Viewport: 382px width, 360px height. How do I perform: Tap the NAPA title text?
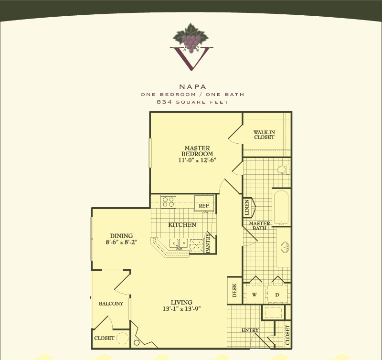[x=193, y=87]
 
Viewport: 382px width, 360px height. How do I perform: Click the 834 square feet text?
[x=192, y=102]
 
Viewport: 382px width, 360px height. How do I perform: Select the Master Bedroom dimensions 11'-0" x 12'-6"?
[x=197, y=160]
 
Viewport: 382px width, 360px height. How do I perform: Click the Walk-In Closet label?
[x=264, y=135]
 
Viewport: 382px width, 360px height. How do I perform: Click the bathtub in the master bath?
[x=281, y=207]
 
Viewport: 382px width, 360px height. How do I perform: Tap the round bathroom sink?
[x=285, y=247]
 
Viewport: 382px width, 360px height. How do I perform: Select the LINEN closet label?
[x=246, y=207]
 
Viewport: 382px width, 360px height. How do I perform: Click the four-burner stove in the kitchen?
[x=169, y=202]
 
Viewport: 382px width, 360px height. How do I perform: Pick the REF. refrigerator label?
[x=204, y=206]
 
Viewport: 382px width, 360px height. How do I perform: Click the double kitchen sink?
[x=179, y=244]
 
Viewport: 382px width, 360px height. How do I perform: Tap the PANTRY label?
[x=208, y=243]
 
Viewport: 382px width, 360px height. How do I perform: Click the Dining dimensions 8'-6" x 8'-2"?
[x=121, y=242]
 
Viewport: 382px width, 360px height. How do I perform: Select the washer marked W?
[x=254, y=295]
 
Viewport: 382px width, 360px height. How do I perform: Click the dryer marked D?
[x=277, y=295]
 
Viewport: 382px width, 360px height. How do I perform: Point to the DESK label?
[x=234, y=290]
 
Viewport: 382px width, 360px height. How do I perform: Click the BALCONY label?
[x=111, y=304]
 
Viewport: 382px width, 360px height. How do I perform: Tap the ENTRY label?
[x=250, y=330]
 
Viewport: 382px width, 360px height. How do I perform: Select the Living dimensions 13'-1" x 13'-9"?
[x=181, y=308]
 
